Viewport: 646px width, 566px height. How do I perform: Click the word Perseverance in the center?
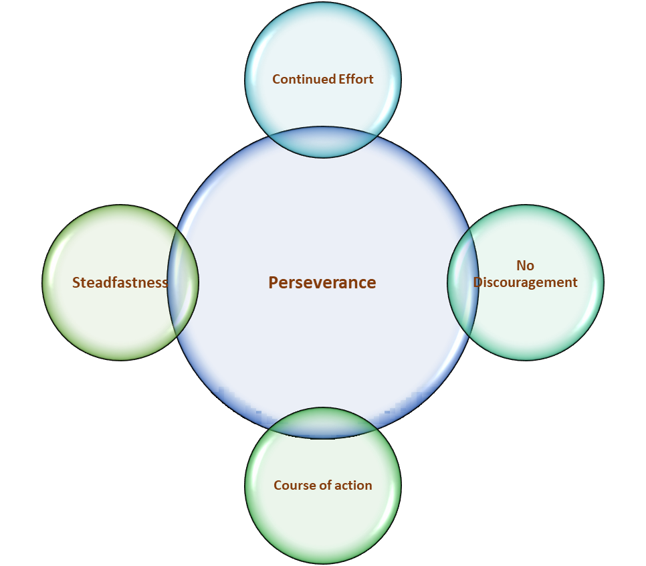pos(322,283)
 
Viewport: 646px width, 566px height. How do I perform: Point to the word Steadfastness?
pos(120,283)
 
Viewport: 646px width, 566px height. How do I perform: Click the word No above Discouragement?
pos(526,266)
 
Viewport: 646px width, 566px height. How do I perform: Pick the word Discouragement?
pos(526,283)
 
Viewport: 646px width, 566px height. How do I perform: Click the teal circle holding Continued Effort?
pos(323,47)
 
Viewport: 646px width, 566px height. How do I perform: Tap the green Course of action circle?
pos(323,522)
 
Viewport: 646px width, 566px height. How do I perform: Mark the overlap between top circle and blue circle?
pos(323,142)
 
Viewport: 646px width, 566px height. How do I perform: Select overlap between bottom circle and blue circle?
pos(323,423)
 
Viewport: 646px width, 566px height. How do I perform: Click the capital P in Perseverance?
pos(273,283)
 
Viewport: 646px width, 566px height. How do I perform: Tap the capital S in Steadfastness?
pos(76,283)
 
